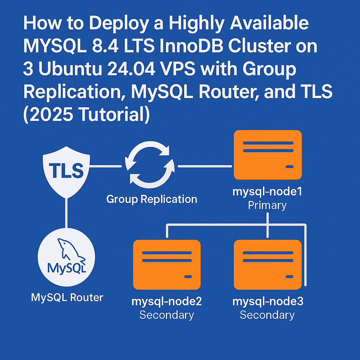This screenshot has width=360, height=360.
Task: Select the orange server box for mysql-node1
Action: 268,155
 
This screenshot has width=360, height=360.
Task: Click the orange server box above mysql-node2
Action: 167,264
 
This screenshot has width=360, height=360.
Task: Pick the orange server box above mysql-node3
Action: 268,264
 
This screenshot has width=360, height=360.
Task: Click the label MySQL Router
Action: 67,298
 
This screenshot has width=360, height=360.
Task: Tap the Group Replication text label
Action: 152,199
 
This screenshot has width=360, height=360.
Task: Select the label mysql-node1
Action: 268,192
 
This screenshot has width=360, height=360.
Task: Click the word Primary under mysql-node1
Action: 267,205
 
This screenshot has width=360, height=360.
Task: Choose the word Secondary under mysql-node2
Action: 167,315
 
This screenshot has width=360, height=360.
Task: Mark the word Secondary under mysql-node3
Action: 267,315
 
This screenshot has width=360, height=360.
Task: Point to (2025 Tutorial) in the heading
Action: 86,115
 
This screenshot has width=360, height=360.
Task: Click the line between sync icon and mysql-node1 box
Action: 205,166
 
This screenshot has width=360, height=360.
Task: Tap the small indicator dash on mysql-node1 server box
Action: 289,167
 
